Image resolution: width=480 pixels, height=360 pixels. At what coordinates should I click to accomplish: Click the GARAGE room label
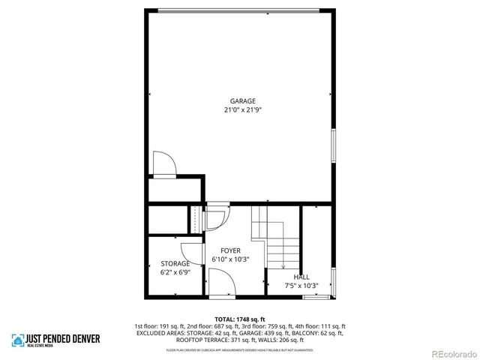[x=242, y=101]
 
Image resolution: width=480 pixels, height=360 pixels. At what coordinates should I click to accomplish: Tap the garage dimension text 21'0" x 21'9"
[x=242, y=109]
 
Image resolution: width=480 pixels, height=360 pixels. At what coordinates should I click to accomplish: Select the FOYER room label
[x=230, y=250]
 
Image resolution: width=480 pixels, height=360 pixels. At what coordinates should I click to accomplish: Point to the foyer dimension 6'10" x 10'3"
[x=230, y=259]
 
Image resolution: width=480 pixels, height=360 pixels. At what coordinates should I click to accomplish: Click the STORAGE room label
[x=175, y=264]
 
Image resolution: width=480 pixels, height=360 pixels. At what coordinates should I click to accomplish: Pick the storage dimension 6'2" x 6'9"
[x=175, y=272]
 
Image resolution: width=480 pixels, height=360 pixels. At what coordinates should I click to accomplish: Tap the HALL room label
[x=301, y=277]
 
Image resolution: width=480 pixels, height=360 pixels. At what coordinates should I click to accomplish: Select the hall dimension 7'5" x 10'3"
[x=301, y=285]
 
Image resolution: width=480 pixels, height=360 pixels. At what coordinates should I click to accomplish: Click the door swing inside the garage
[x=163, y=163]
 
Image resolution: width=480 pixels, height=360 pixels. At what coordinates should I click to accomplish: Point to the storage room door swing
[x=190, y=254]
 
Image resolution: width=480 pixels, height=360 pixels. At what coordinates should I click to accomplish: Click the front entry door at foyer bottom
[x=219, y=284]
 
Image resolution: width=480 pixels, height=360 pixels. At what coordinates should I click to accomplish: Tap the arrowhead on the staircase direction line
[x=283, y=265]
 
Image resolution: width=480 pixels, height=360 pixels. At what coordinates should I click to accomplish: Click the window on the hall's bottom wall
[x=315, y=298]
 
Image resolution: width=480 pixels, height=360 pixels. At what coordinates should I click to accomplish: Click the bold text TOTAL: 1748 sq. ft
[x=240, y=319]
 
